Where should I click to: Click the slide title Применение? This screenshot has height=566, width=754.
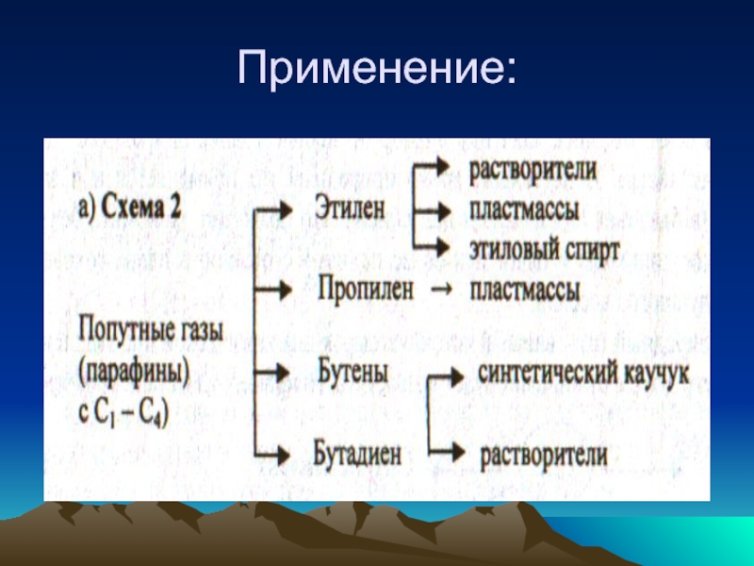[377, 69]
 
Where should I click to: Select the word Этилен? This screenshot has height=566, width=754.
[351, 209]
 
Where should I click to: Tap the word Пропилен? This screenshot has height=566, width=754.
[366, 290]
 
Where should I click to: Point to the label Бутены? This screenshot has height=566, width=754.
[354, 372]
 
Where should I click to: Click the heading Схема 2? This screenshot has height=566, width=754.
[140, 208]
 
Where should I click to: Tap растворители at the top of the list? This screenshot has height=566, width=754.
[533, 172]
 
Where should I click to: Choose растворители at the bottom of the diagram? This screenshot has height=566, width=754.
[543, 454]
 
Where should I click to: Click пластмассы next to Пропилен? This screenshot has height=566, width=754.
[525, 290]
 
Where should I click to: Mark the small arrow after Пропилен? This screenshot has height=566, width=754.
[438, 290]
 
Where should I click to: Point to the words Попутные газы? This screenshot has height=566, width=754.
[138, 332]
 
